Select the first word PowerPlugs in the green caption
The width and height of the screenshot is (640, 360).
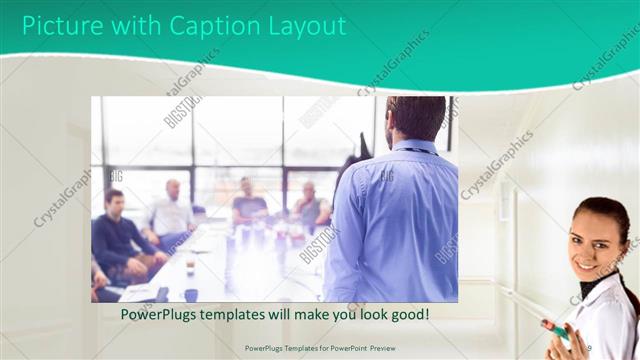pyautogui.click(x=161, y=314)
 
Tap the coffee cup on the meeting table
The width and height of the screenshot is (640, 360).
pyautogui.click(x=191, y=267)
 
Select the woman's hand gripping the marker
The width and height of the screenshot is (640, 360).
pyautogui.click(x=552, y=328)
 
